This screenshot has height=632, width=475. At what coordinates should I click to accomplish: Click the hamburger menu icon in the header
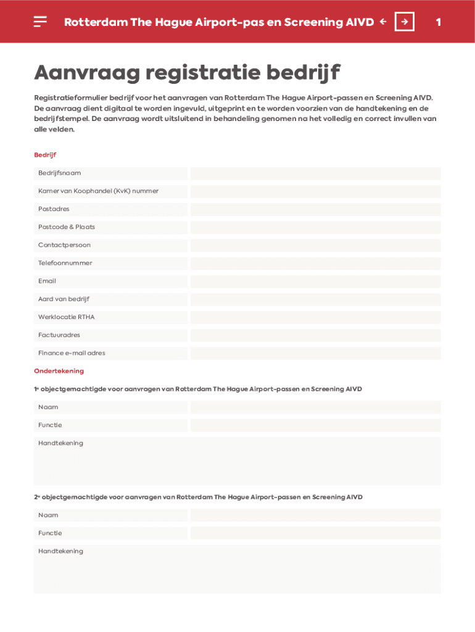pos(40,22)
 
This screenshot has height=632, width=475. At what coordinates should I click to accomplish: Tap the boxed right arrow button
pos(404,22)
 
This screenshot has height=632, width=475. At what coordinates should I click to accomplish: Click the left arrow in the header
pos(383,22)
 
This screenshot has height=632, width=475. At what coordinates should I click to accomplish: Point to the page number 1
pos(438,22)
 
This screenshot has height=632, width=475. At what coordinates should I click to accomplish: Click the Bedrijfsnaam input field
pos(315,173)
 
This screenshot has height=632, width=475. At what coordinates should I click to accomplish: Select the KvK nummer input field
pos(315,191)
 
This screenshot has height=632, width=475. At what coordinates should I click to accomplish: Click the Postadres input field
pos(315,209)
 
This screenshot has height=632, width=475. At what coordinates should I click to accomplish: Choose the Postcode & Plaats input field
pos(315,227)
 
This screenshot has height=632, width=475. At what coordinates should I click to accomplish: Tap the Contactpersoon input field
pos(315,245)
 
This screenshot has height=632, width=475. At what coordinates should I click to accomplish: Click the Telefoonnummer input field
pos(315,263)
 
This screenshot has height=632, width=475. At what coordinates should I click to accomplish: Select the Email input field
pos(315,281)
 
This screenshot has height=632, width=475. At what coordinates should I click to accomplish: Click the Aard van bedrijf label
pos(64,299)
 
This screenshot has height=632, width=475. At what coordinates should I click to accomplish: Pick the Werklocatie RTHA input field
pos(315,317)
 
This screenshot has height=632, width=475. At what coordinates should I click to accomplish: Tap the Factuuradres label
pos(59,335)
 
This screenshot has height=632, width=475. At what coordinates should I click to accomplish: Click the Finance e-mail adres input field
pos(315,353)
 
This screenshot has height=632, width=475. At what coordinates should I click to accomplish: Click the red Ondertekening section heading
pos(59,371)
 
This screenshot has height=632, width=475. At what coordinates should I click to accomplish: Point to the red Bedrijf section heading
pos(45,155)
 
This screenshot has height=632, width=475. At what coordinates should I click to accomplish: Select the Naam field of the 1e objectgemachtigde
pos(315,407)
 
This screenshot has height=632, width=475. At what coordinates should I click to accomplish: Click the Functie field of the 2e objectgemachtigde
pos(315,533)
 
